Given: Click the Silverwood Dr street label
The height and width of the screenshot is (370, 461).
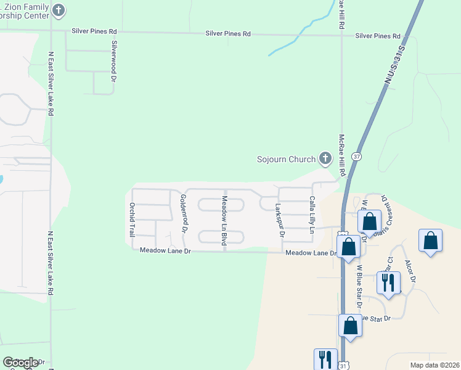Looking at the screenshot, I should click(x=114, y=62).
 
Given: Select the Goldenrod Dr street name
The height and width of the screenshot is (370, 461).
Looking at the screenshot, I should click(x=183, y=213).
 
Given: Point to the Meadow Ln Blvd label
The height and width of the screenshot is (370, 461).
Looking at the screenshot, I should click(x=224, y=221).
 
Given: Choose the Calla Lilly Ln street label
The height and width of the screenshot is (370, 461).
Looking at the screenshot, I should click(x=312, y=215).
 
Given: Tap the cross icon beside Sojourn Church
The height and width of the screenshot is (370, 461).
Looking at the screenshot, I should click(x=325, y=158).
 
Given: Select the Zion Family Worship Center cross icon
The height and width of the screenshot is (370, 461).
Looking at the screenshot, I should click(x=59, y=10).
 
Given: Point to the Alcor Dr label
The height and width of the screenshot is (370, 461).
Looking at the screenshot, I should click(x=410, y=271).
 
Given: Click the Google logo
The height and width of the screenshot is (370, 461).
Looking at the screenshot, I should click(x=20, y=362).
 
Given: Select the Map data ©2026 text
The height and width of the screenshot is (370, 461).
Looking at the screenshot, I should click(x=434, y=365).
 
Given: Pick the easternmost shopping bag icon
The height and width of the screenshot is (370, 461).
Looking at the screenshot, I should click(x=430, y=241).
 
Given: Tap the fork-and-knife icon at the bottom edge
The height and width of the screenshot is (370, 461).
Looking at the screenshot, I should click(x=325, y=359).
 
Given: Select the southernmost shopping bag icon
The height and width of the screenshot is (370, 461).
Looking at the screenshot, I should click(x=350, y=326).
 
